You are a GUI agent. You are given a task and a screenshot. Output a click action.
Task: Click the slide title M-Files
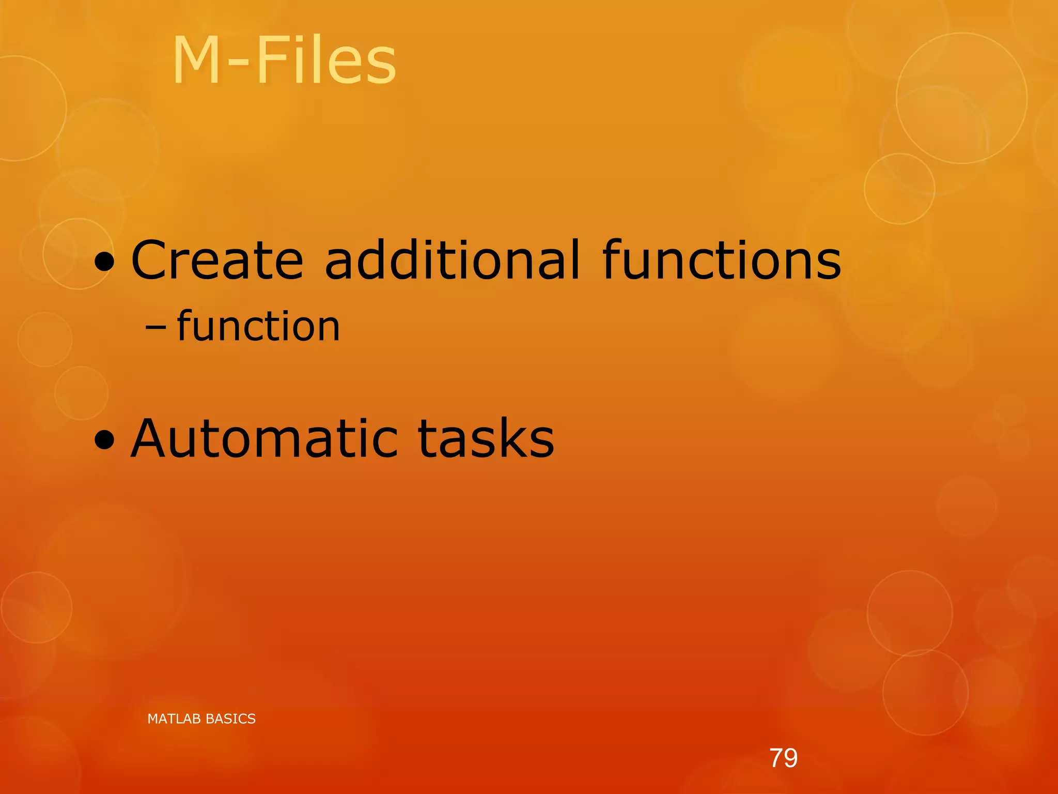click(284, 61)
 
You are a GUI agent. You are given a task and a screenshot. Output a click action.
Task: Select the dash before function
click(155, 328)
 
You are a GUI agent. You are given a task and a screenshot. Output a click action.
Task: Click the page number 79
click(783, 758)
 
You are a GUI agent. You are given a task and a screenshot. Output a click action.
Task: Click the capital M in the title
click(196, 61)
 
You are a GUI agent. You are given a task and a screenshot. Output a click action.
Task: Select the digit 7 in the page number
click(776, 758)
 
